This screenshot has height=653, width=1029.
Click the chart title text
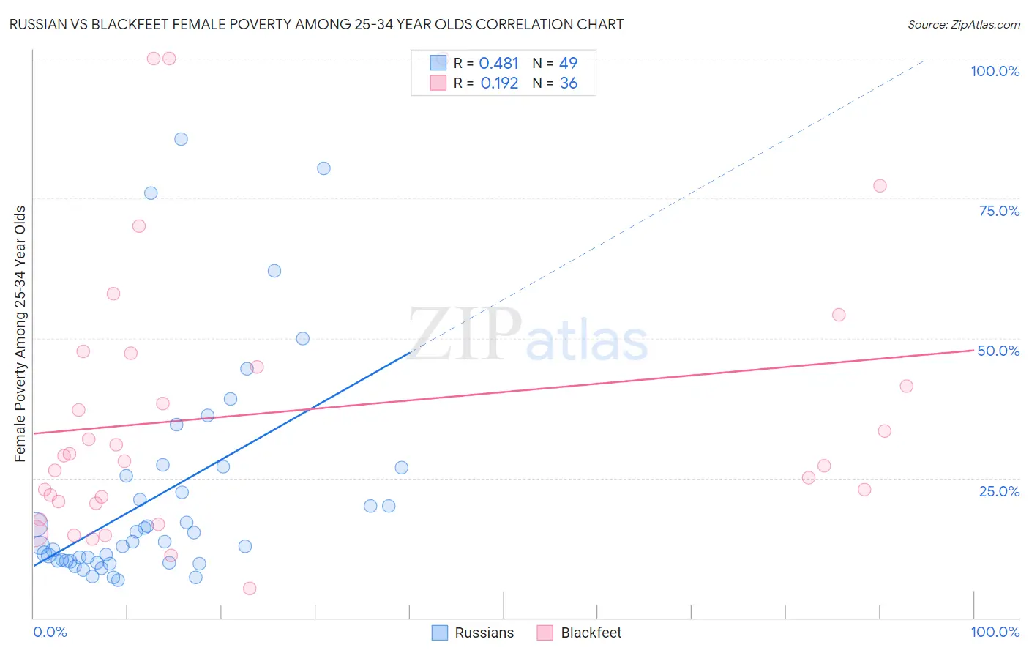(316, 24)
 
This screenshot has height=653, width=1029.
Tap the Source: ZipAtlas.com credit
(963, 24)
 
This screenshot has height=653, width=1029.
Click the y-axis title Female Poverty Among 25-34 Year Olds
(20, 334)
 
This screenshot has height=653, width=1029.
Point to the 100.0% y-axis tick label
(995, 71)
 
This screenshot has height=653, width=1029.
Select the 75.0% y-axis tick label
(999, 211)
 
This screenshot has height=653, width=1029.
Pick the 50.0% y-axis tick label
(998, 351)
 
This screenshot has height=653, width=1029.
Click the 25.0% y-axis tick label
(999, 491)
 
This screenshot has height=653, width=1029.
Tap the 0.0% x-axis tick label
(50, 632)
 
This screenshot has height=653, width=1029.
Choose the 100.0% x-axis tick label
(995, 632)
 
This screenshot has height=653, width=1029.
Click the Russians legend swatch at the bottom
(439, 633)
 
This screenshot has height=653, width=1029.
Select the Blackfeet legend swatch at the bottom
(545, 633)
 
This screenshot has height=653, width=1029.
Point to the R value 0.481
(498, 64)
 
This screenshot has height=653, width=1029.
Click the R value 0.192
(499, 83)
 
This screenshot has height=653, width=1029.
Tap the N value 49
(568, 64)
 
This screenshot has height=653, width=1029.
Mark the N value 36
(569, 83)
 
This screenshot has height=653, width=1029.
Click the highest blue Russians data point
(181, 139)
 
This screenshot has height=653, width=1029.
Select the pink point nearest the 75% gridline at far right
(880, 186)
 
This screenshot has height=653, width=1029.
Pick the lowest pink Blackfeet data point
(250, 589)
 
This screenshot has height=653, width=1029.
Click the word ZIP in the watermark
(465, 335)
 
